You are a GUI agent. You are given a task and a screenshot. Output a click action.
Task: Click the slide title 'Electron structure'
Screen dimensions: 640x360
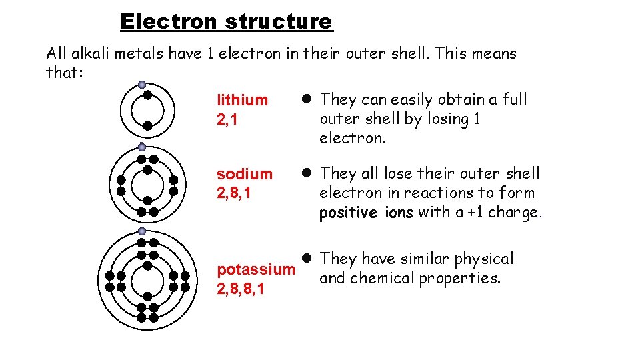226,22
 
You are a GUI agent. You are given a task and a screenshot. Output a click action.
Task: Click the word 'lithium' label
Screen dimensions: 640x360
242,101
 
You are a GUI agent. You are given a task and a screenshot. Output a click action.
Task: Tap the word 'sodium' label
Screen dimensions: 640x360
245,174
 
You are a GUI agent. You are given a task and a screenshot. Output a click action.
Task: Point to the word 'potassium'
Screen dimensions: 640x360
256,270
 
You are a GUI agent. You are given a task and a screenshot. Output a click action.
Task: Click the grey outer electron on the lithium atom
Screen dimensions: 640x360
142,85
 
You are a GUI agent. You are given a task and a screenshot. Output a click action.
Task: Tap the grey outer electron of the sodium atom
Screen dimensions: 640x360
142,147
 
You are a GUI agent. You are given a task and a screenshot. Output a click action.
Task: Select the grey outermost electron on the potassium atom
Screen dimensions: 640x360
142,231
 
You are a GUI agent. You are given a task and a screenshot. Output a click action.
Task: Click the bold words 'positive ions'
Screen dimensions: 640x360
366,213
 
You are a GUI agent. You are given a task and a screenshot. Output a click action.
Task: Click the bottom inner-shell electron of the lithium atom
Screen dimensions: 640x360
147,125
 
